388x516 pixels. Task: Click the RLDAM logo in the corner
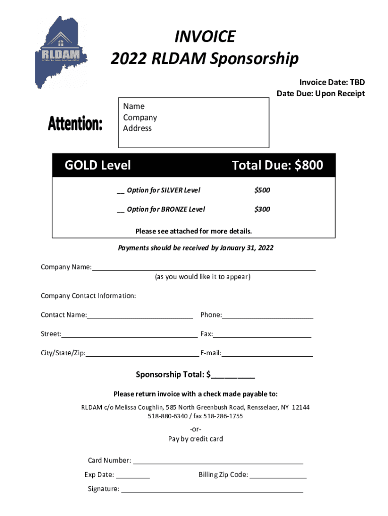click(x=59, y=52)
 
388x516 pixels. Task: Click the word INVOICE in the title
click(x=205, y=37)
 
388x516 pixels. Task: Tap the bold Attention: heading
click(x=75, y=123)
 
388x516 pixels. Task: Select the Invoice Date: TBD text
click(x=332, y=83)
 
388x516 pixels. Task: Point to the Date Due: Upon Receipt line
click(x=320, y=94)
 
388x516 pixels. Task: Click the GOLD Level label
click(x=97, y=165)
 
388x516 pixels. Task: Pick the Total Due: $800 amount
click(x=277, y=165)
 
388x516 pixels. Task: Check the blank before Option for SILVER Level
click(x=120, y=190)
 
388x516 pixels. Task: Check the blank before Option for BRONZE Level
click(x=120, y=209)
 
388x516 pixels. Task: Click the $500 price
click(x=262, y=190)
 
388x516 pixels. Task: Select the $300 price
click(x=262, y=209)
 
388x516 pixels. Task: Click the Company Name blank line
click(x=204, y=268)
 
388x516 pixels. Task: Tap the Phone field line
click(x=268, y=316)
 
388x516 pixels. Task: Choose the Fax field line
click(x=262, y=335)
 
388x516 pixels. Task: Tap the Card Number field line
click(x=218, y=461)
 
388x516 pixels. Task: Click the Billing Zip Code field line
click(x=278, y=476)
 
